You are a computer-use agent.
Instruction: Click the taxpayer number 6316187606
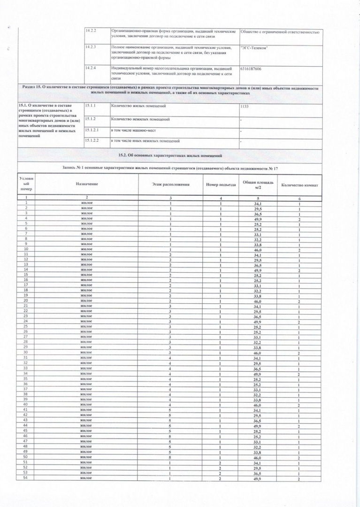click(x=252, y=69)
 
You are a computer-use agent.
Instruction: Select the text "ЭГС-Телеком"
click(x=254, y=48)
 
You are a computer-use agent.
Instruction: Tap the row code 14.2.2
click(x=91, y=31)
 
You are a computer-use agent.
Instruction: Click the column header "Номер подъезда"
click(x=220, y=185)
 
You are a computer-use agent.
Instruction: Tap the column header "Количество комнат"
click(x=299, y=185)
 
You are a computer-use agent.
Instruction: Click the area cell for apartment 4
click(x=257, y=218)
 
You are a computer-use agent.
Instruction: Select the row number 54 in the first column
click(x=26, y=478)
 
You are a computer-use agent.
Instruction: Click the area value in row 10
click(x=257, y=249)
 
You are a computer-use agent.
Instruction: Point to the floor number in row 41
click(x=170, y=410)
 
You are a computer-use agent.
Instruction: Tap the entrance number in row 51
click(x=220, y=462)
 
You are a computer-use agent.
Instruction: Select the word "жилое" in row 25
click(x=86, y=327)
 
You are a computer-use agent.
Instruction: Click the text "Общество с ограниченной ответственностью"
click(x=280, y=32)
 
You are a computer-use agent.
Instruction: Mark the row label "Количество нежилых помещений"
click(x=140, y=119)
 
